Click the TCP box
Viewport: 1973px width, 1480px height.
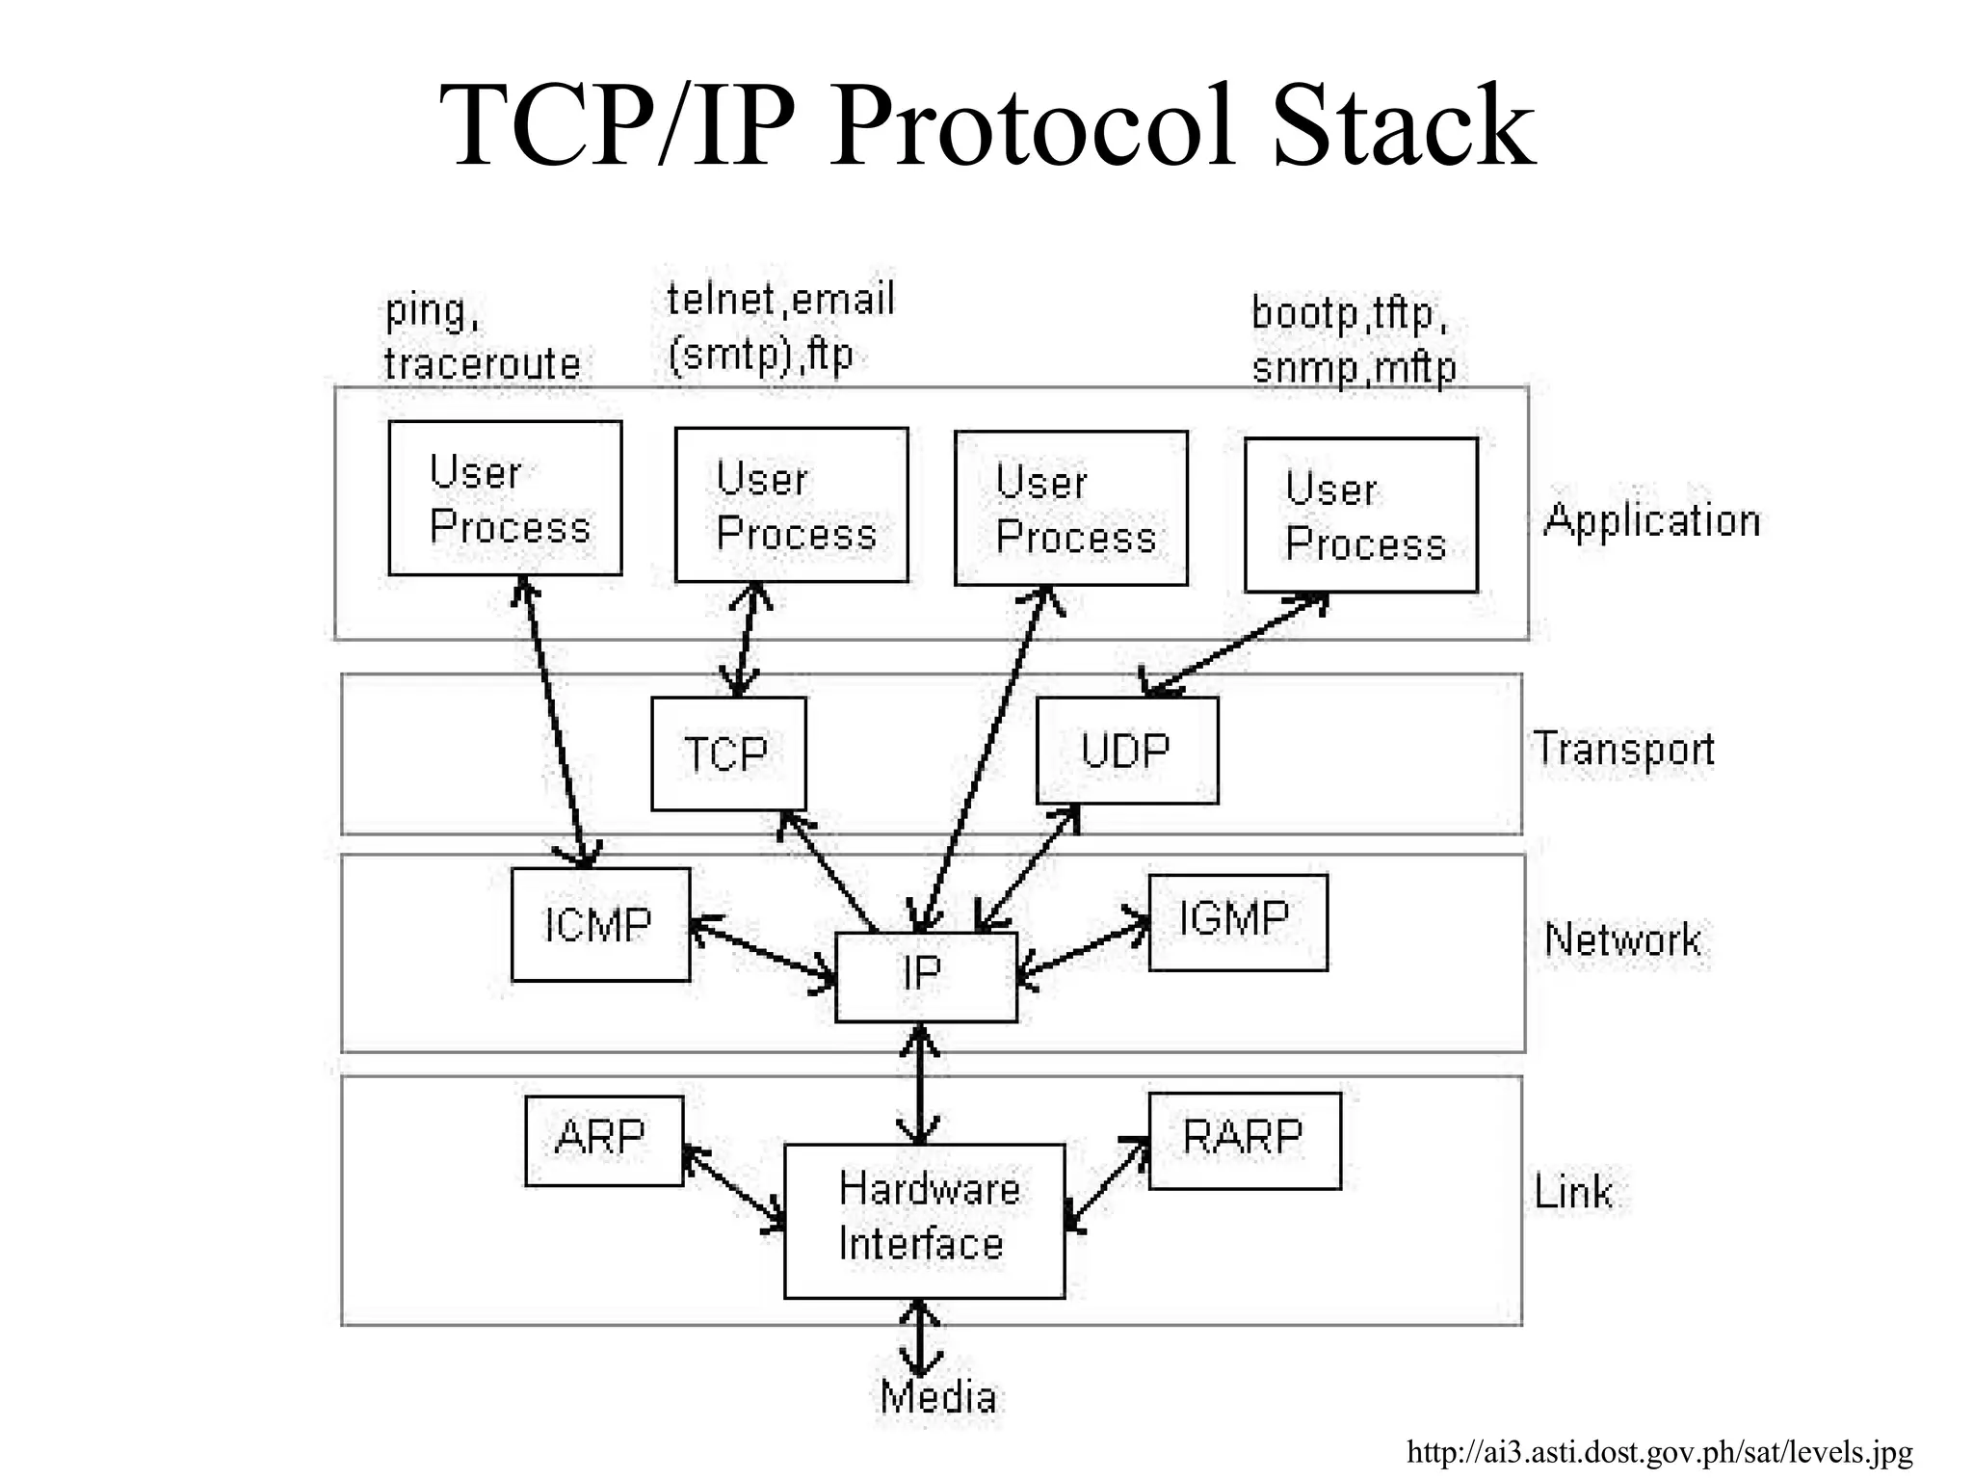[728, 753]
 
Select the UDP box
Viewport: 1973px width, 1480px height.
[1127, 751]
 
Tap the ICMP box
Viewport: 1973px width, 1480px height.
[600, 925]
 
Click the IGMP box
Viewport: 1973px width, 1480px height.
[1238, 922]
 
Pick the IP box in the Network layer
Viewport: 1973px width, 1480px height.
[926, 976]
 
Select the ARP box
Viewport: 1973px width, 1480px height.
[604, 1140]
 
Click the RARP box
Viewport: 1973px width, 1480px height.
[1245, 1140]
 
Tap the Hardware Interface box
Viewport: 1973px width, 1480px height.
[925, 1220]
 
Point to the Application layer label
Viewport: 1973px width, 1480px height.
[1651, 521]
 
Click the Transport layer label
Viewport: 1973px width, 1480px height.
[1624, 749]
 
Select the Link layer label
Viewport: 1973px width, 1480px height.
[1572, 1193]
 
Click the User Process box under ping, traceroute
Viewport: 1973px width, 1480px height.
[505, 498]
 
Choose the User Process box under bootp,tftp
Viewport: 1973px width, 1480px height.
[1360, 515]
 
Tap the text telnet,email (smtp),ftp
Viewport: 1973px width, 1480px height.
[780, 328]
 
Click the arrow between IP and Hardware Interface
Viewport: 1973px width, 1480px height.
[921, 1083]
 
